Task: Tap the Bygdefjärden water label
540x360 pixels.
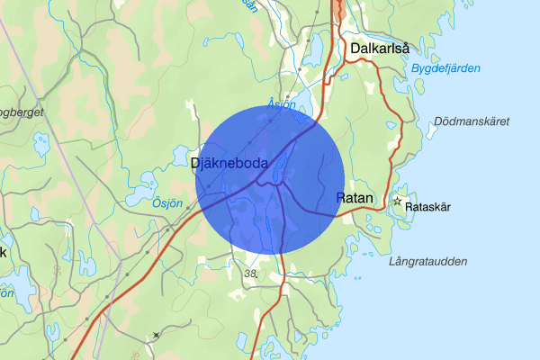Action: click(445, 68)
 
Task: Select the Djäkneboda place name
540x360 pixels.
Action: click(230, 163)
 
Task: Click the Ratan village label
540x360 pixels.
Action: click(354, 197)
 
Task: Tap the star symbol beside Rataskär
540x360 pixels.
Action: click(397, 201)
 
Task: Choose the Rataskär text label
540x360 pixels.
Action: click(428, 207)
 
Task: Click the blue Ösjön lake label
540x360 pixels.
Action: click(166, 203)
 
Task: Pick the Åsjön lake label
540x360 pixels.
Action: click(282, 104)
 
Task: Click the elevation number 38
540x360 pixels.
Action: click(251, 274)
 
